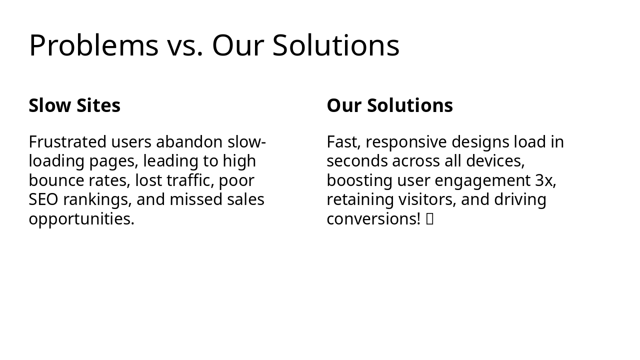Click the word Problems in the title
click(93, 45)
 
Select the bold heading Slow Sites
click(74, 105)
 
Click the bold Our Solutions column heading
click(389, 105)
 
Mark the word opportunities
click(81, 219)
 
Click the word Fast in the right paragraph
click(343, 142)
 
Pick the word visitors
click(426, 199)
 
